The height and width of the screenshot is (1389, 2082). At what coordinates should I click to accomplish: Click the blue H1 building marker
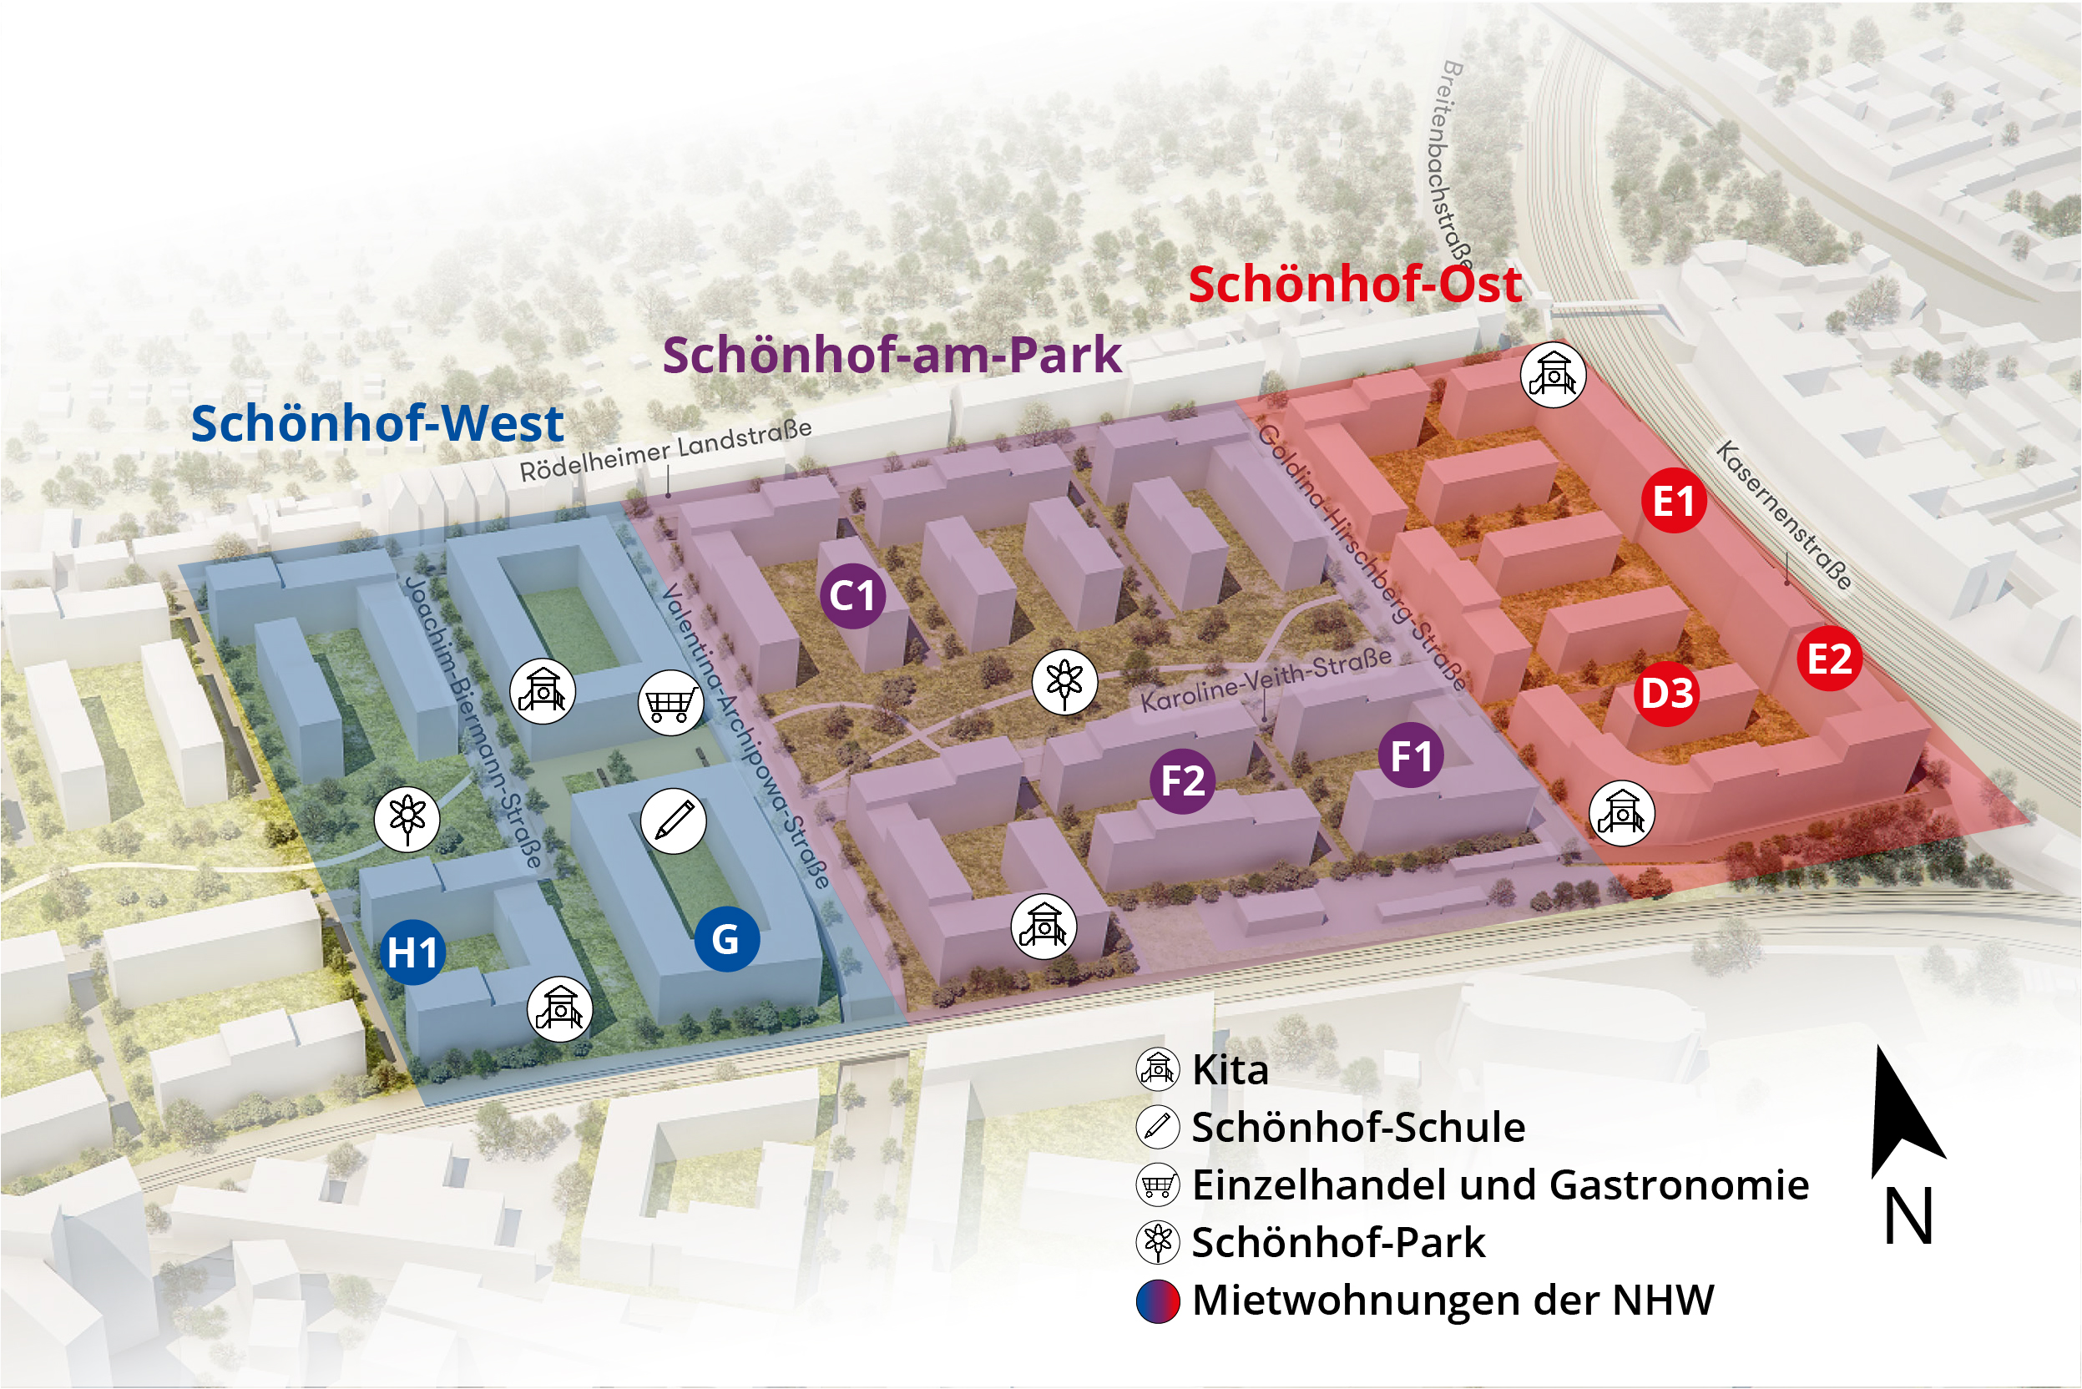pos(413,952)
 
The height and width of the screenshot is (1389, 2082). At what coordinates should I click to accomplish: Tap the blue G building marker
pos(726,939)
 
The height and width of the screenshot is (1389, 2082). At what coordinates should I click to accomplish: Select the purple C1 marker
pos(852,595)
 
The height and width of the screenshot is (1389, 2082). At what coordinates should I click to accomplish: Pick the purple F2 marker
pos(1183,780)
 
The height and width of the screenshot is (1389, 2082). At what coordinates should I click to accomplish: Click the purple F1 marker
pos(1412,755)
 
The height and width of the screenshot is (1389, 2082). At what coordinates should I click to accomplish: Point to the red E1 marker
pos(1674,501)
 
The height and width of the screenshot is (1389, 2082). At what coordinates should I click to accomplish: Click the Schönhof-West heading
pos(377,423)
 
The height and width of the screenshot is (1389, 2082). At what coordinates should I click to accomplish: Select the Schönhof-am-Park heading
pos(892,356)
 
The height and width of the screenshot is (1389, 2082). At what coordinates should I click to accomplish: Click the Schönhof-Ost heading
pos(1356,285)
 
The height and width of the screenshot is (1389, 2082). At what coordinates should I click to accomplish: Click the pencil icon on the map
pos(674,821)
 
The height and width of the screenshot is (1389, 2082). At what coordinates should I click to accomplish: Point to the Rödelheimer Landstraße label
pos(665,451)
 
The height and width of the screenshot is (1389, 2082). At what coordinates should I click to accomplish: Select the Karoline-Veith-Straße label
pos(1266,679)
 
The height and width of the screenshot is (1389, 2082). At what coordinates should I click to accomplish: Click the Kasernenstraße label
pos(1783,516)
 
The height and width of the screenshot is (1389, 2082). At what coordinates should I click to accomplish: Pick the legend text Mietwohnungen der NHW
pos(1453,1301)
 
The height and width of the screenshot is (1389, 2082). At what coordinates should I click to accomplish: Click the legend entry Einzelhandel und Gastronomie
pos(1500,1185)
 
